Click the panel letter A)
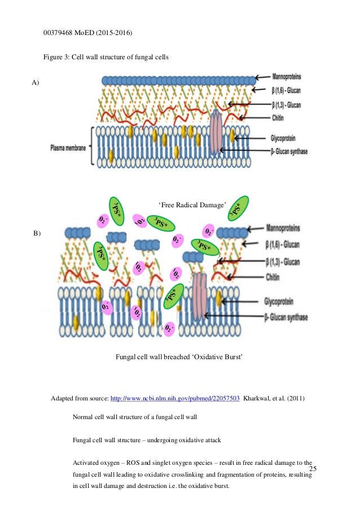(36, 82)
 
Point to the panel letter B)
(37, 233)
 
